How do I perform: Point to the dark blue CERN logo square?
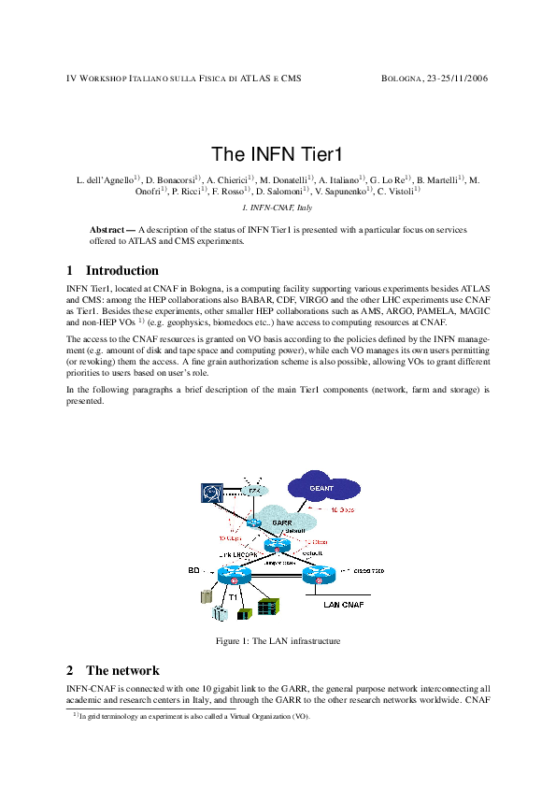pos(210,492)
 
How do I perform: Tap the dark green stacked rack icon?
pos(268,606)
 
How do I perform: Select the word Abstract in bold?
pos(108,229)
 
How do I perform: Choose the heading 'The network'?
pos(121,670)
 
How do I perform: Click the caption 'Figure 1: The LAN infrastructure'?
pos(278,641)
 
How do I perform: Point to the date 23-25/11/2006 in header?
pos(458,79)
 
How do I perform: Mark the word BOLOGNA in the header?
pos(403,79)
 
